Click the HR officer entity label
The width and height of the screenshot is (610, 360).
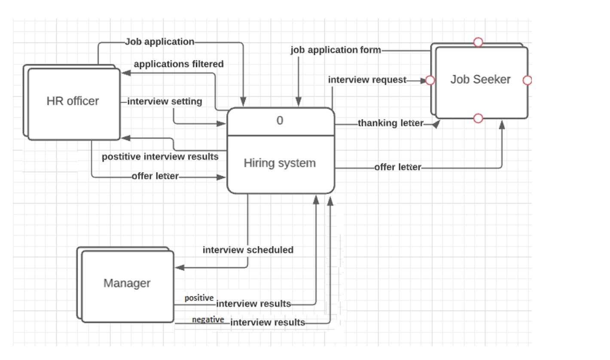click(73, 101)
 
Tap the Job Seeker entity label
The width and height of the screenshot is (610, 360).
click(480, 79)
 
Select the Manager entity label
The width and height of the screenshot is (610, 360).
click(127, 283)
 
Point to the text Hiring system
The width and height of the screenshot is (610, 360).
click(280, 163)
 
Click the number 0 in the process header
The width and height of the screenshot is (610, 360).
click(280, 121)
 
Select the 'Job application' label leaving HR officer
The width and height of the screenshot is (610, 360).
click(159, 42)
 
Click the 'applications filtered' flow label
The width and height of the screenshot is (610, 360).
click(179, 64)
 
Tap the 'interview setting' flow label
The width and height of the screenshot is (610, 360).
click(165, 101)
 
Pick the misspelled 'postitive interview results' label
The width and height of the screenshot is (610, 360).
click(160, 156)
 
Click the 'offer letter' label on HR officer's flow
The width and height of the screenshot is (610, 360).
click(155, 176)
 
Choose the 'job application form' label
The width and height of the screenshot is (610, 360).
click(335, 50)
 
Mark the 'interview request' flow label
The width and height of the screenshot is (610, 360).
click(367, 80)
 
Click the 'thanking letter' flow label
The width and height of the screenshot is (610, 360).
click(390, 123)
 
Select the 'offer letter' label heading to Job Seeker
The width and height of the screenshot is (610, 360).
click(398, 167)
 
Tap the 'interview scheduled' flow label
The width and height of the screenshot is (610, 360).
click(248, 250)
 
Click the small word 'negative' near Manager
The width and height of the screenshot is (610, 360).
click(208, 320)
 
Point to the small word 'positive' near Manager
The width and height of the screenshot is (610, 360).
click(199, 298)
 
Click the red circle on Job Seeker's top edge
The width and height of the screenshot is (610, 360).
click(478, 42)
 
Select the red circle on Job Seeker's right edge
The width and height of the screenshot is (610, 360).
click(528, 80)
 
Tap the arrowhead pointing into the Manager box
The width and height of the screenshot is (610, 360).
click(180, 268)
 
